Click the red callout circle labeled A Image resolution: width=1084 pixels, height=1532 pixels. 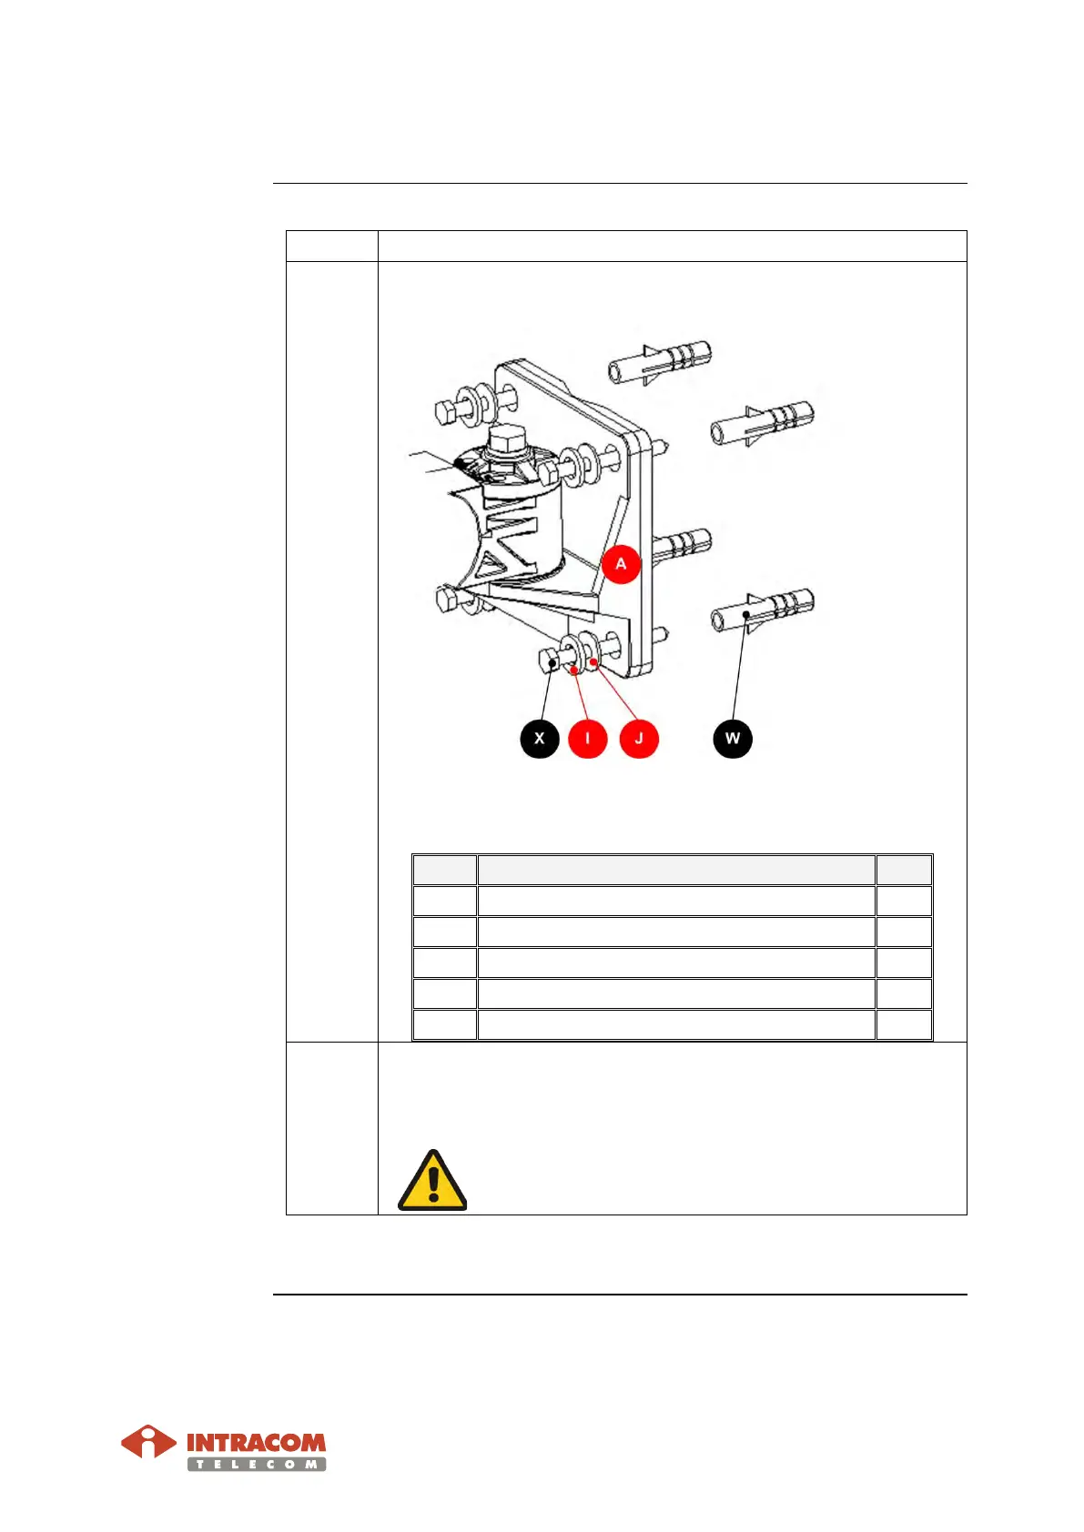(x=621, y=564)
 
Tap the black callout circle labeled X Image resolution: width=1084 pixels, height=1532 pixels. (x=540, y=738)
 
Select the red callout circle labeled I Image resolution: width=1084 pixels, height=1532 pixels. (x=588, y=738)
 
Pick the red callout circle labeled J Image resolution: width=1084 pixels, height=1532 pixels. (x=639, y=738)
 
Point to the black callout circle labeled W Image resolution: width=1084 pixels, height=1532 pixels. (x=733, y=738)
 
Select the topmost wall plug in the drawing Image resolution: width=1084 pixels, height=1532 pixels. (x=660, y=362)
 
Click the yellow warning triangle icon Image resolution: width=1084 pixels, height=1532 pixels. (x=433, y=1181)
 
